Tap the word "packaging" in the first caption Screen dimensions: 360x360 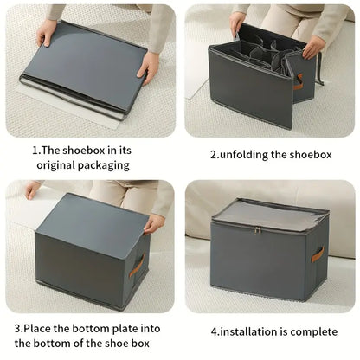106,164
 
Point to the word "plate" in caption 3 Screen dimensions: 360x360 130,329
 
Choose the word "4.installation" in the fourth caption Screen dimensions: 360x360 247,331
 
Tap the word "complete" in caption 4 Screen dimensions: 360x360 315,331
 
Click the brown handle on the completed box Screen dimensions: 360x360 317,255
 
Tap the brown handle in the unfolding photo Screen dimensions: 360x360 298,81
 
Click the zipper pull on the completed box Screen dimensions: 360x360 257,229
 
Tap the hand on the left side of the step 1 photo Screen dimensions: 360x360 45,33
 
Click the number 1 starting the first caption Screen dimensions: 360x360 35,150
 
